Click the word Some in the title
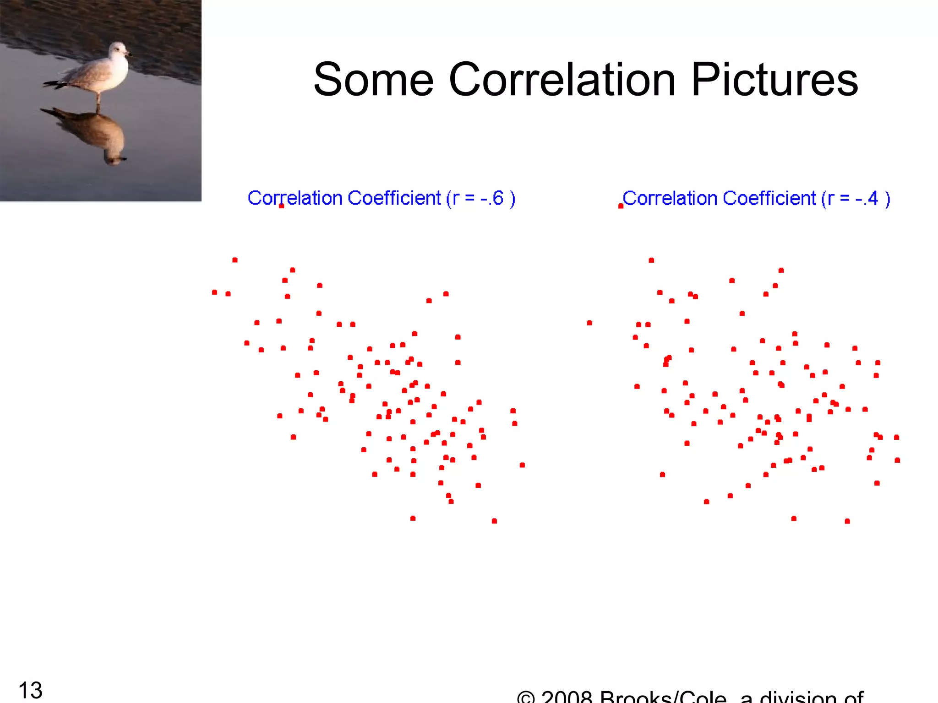pyautogui.click(x=373, y=80)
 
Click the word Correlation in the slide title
pyautogui.click(x=562, y=80)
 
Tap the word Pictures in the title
pyautogui.click(x=774, y=80)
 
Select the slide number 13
pyautogui.click(x=30, y=690)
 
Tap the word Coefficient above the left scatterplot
pyautogui.click(x=394, y=198)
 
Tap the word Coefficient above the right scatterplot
pyautogui.click(x=769, y=198)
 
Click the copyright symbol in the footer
pyautogui.click(x=526, y=697)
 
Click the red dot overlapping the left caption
pyautogui.click(x=281, y=206)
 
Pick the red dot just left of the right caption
pyautogui.click(x=621, y=206)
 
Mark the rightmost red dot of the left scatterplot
pyautogui.click(x=522, y=465)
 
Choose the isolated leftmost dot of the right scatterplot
pyautogui.click(x=589, y=323)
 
